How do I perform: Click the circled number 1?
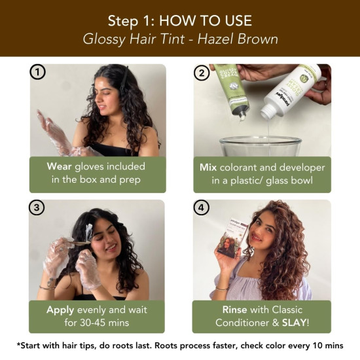[37, 72]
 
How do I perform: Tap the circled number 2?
[202, 73]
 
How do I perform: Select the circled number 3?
[37, 207]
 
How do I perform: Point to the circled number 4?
[201, 207]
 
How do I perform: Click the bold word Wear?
[59, 166]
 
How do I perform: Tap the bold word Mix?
[208, 168]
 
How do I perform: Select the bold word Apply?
[60, 310]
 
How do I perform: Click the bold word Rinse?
[234, 310]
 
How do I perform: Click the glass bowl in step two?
[260, 146]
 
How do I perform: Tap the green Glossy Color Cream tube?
[231, 90]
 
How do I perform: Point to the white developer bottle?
[291, 90]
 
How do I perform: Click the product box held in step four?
[232, 238]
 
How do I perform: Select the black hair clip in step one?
[124, 79]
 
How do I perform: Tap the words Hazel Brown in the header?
[238, 39]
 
